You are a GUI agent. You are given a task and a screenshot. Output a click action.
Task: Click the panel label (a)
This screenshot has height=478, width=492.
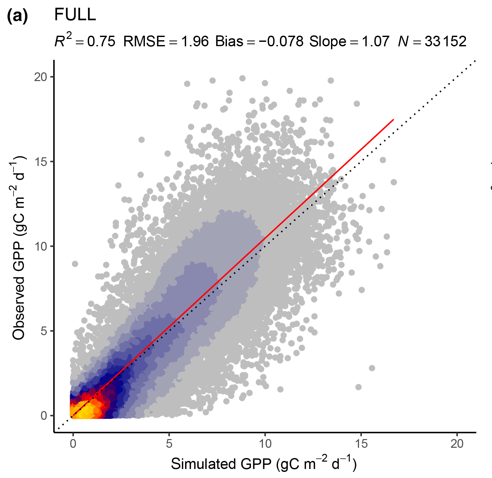[17, 16]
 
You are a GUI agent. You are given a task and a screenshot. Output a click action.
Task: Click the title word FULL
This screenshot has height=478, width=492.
[75, 14]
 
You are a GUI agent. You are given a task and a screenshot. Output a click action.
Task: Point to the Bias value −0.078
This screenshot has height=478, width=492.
[281, 41]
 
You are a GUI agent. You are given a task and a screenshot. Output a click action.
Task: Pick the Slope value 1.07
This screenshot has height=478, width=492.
[376, 41]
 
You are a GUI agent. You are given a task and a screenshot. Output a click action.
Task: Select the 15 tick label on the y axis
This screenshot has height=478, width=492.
[40, 162]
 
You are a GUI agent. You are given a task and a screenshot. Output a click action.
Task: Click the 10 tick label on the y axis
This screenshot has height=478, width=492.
[40, 246]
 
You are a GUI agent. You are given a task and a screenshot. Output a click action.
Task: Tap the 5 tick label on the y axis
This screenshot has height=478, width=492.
[44, 331]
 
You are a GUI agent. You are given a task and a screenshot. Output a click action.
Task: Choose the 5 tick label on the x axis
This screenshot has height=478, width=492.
[169, 444]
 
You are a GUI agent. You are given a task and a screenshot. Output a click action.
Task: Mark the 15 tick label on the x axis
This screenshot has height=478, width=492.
[361, 444]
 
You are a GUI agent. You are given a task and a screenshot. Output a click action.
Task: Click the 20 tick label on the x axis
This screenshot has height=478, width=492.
[457, 444]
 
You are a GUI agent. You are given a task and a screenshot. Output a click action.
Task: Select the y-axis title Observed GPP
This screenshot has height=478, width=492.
[19, 248]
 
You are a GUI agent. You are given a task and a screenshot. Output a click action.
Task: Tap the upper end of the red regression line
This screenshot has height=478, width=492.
[393, 119]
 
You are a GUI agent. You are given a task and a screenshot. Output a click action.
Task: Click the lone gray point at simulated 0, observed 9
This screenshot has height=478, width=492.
[75, 264]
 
